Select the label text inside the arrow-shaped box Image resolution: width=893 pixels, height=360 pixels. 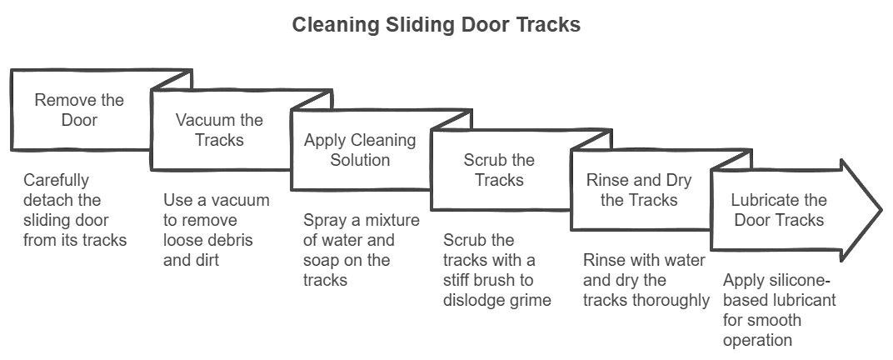(776, 210)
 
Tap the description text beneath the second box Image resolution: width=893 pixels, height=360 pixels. (216, 230)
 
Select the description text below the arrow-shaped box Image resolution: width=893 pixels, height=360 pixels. (775, 309)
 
